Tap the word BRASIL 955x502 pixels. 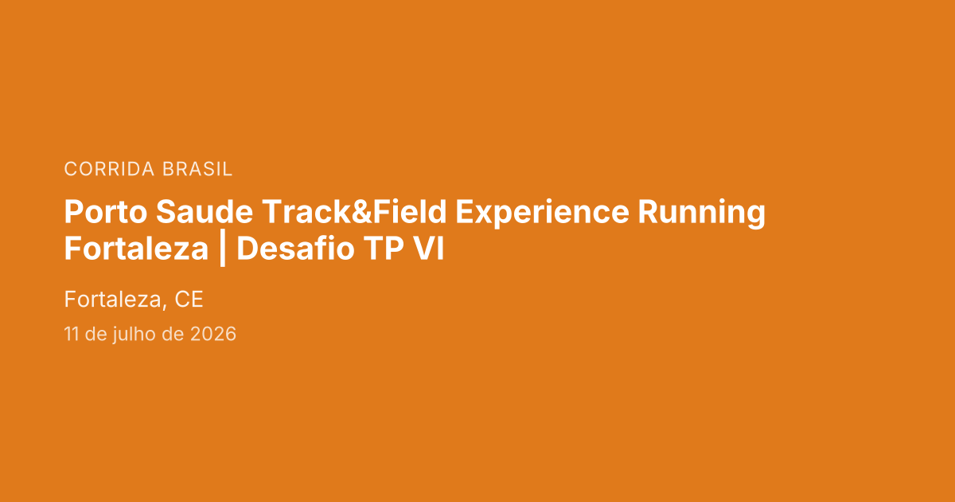pos(197,169)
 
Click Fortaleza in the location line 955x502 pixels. pos(113,300)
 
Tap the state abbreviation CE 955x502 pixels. pos(189,300)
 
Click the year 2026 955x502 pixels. pos(213,335)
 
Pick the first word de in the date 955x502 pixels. pos(95,335)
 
